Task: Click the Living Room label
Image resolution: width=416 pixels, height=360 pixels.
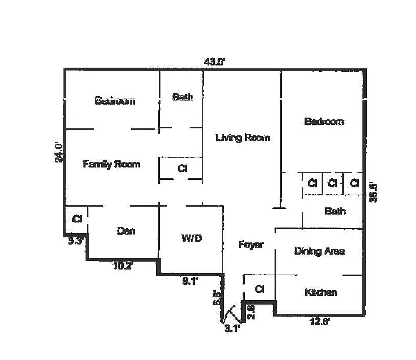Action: (242, 138)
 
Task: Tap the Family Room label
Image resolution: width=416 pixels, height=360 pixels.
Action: (111, 164)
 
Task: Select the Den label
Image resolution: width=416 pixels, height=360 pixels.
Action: (126, 231)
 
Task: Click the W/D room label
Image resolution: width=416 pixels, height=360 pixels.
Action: (190, 238)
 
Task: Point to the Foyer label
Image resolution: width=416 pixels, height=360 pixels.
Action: (251, 245)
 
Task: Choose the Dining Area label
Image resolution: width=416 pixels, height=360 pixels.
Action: (320, 251)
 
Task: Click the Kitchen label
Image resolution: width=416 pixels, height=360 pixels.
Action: (321, 292)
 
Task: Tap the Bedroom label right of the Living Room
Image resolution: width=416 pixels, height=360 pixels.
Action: (324, 121)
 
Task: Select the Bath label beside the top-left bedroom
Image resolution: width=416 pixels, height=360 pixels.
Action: (182, 97)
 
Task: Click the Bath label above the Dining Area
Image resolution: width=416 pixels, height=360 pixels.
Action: (335, 211)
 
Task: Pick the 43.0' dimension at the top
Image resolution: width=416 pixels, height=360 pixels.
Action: (214, 62)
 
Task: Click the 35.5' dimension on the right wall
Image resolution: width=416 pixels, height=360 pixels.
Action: (374, 190)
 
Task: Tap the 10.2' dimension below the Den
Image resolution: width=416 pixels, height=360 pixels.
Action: (123, 265)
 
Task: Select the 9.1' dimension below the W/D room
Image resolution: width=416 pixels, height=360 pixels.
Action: (190, 279)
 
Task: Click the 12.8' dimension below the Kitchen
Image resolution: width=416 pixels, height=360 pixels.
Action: (321, 321)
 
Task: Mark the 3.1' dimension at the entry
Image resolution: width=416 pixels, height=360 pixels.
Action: (232, 329)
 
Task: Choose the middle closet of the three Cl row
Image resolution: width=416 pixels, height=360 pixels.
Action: (332, 183)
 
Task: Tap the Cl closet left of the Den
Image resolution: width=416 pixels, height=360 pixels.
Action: (77, 219)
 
